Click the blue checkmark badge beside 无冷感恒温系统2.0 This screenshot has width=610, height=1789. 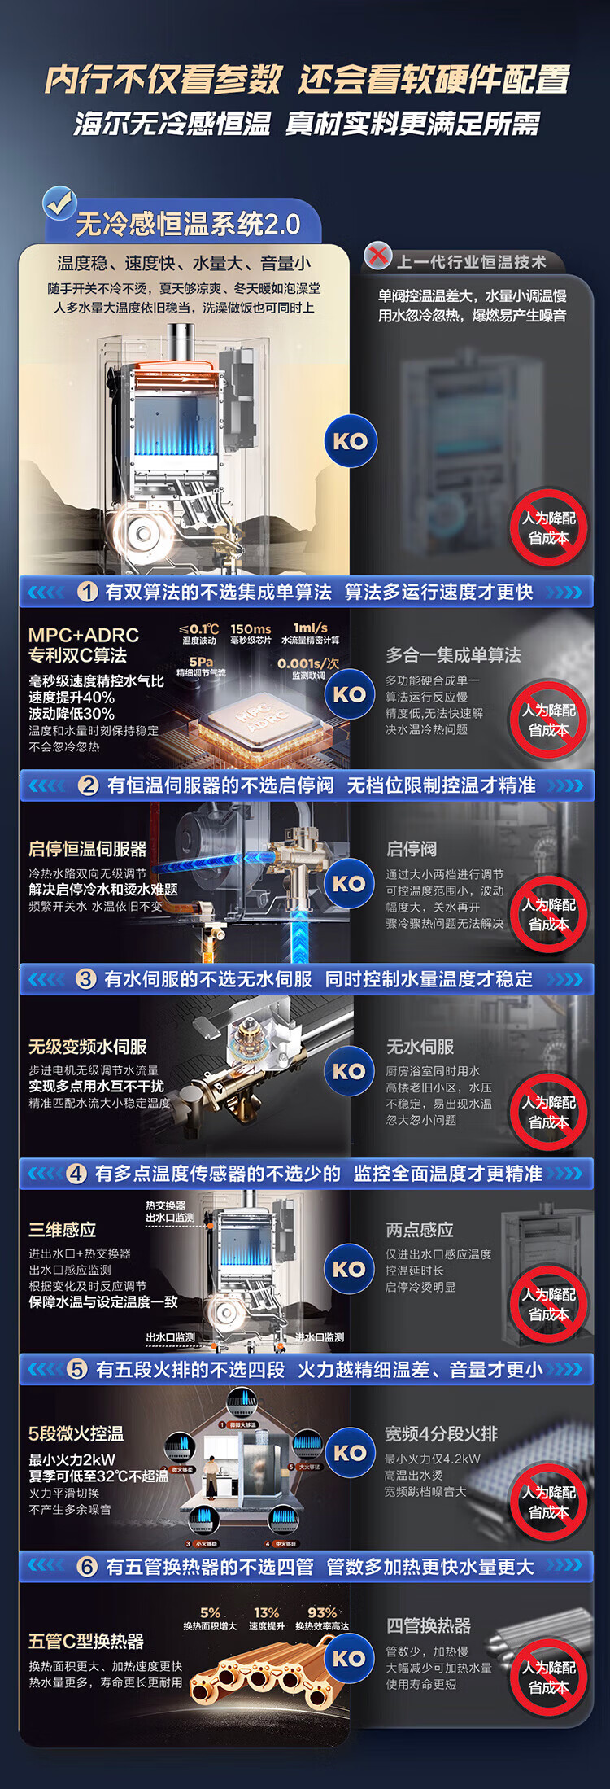[59, 203]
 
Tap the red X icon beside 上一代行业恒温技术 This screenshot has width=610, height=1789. [377, 256]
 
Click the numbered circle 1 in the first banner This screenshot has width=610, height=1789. [88, 592]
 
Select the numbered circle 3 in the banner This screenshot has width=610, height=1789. [86, 978]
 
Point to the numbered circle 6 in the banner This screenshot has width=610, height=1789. [87, 1567]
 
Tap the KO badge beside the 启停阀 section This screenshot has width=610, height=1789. [349, 883]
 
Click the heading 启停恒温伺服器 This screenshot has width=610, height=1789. [87, 849]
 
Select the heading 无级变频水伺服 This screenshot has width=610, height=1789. [87, 1047]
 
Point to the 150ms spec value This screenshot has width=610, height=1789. [251, 629]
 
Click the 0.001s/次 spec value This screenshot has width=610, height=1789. [308, 663]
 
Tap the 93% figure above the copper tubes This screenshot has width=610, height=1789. [322, 1612]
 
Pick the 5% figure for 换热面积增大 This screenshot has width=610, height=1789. [210, 1612]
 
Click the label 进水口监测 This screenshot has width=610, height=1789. [319, 1337]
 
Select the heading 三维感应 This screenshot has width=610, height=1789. [63, 1229]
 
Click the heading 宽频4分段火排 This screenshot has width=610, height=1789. [441, 1434]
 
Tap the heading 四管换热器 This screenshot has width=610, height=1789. [429, 1625]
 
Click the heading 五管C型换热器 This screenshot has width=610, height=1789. [85, 1642]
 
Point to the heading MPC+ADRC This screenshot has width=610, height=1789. [84, 635]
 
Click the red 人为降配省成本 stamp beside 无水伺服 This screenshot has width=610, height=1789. [548, 1112]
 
